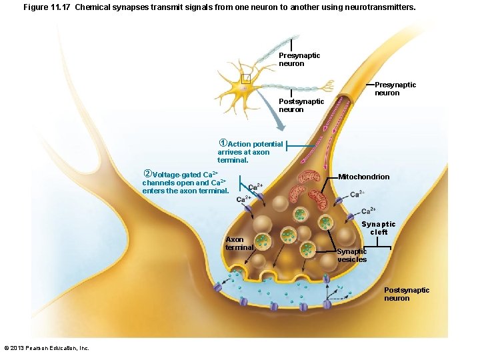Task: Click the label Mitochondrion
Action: point(364,177)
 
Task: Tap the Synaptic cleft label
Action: point(378,228)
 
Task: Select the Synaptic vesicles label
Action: point(351,255)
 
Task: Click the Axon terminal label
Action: point(239,243)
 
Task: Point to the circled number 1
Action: point(223,143)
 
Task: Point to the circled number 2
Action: point(148,174)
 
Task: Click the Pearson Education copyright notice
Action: point(46,348)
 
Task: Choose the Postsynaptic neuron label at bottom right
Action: point(407,294)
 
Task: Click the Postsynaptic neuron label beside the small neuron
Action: point(301,105)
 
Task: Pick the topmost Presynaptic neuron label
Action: point(299,59)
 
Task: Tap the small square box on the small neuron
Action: point(245,79)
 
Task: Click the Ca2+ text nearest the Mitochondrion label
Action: point(357,194)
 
